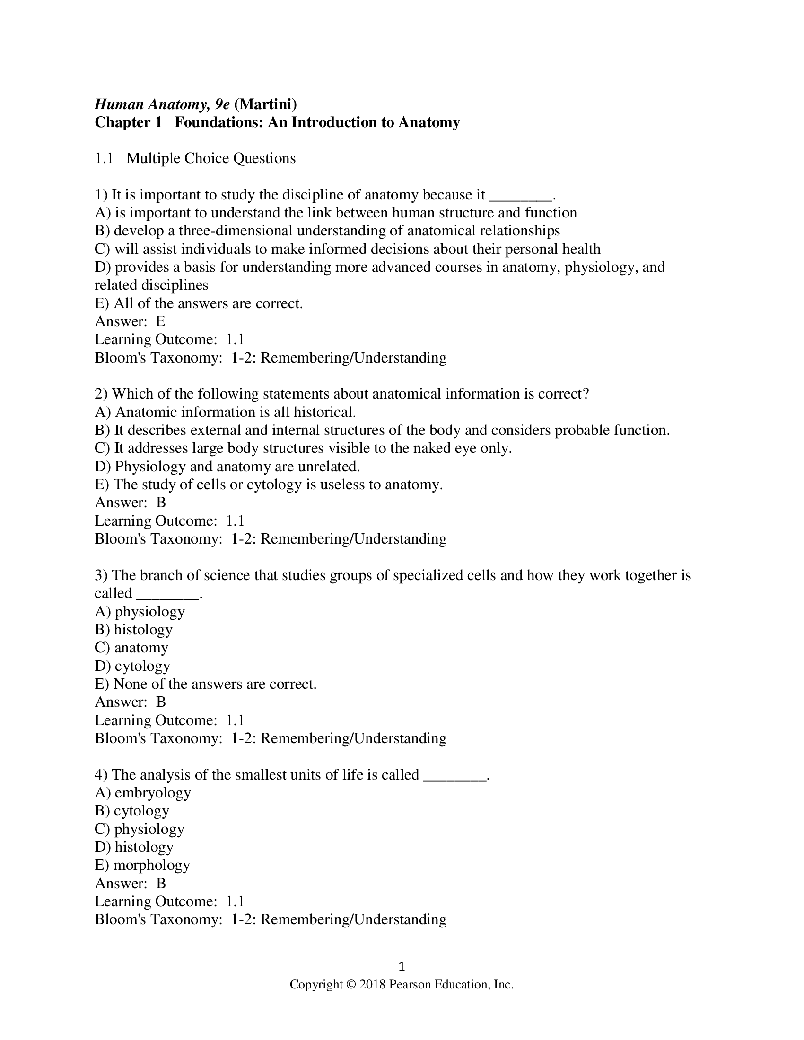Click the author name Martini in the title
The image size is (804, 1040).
(265, 104)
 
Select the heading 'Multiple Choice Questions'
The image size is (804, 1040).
(210, 158)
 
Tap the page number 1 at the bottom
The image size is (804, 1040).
(402, 966)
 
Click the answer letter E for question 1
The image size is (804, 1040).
(160, 321)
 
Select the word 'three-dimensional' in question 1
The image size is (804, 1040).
(236, 231)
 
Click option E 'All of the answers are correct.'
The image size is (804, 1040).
(199, 303)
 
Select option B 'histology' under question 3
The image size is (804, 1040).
(134, 630)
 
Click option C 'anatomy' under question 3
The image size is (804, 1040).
(132, 648)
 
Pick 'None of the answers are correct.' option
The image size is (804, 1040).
(206, 685)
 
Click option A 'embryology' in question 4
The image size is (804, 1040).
(143, 793)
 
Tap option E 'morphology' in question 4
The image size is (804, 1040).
(142, 865)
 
